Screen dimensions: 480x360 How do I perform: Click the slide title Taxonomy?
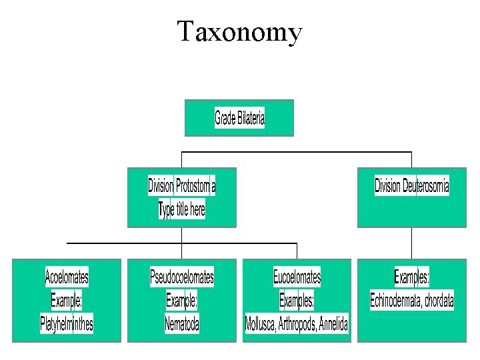pos(239,31)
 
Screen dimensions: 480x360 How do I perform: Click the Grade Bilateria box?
pos(239,119)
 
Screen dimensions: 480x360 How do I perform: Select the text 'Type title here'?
pos(182,210)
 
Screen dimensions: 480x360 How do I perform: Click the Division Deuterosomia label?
pos(411,185)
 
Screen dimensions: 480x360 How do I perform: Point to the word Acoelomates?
pos(67,276)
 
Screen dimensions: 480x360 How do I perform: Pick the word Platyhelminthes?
pos(67,325)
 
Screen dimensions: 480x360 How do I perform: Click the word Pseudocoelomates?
pos(182,276)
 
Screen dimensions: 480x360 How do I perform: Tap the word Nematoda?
pos(182,325)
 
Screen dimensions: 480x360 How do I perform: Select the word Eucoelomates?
pos(297,276)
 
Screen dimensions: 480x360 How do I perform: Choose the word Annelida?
pos(333,325)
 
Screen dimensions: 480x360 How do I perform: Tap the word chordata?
pos(439,301)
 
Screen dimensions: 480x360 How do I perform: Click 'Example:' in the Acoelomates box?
pos(67,301)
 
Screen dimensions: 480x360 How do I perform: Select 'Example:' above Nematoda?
pos(182,301)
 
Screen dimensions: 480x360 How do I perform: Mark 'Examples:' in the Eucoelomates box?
pos(297,301)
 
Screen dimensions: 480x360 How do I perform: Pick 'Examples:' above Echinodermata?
pos(411,276)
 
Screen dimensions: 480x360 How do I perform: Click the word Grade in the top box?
pos(225,119)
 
